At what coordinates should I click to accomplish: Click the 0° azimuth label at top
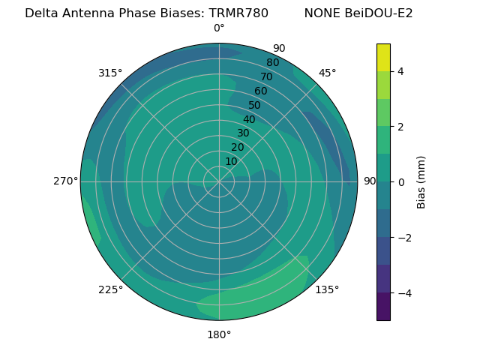pyautogui.click(x=219, y=28)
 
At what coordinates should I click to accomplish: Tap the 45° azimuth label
pyautogui.click(x=327, y=73)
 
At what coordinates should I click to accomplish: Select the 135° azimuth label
pyautogui.click(x=327, y=289)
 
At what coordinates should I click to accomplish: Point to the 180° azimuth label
pyautogui.click(x=219, y=334)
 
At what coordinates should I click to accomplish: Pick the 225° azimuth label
pyautogui.click(x=110, y=289)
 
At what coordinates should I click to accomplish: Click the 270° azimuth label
pyautogui.click(x=65, y=181)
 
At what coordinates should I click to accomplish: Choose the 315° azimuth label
pyautogui.click(x=110, y=73)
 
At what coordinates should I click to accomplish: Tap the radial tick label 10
pyautogui.click(x=231, y=161)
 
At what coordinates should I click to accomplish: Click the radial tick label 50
pyautogui.click(x=255, y=105)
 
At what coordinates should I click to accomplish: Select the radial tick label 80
pyautogui.click(x=273, y=62)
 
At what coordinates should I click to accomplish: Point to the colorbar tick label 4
pyautogui.click(x=401, y=71)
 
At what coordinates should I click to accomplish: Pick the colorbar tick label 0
pyautogui.click(x=401, y=182)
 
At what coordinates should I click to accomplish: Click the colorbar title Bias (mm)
pyautogui.click(x=421, y=182)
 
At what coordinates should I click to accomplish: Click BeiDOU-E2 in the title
pyautogui.click(x=379, y=13)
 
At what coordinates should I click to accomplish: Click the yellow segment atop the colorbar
pyautogui.click(x=383, y=57)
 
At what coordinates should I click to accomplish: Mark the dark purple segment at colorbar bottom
pyautogui.click(x=383, y=307)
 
